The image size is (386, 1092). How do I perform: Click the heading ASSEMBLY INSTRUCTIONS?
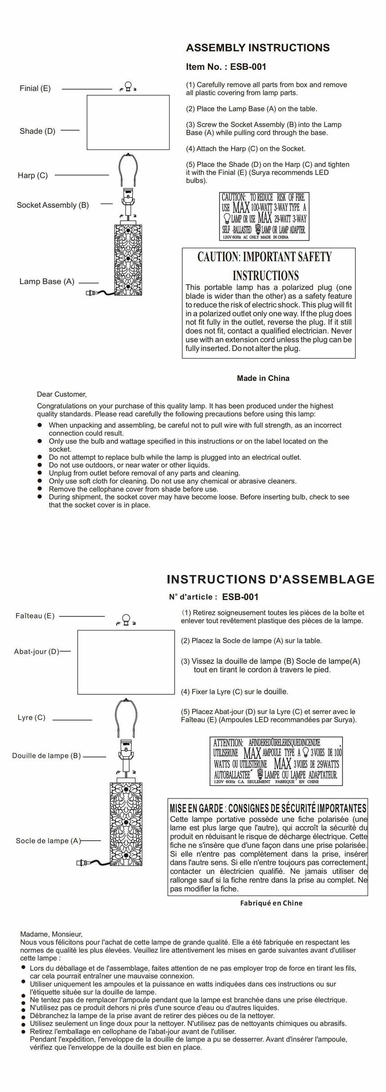258,48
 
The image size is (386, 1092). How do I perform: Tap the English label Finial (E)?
35,88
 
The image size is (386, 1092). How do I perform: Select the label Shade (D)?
37,131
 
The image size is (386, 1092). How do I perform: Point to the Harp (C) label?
33,175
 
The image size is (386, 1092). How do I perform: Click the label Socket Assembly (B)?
53,205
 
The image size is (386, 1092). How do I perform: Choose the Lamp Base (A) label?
47,281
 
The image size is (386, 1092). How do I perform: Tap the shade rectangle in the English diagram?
128,122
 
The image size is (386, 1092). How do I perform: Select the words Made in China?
263,378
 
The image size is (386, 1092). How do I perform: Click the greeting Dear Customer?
61,395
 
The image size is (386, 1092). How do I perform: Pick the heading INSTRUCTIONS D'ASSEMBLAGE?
270,579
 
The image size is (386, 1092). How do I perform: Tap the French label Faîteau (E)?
35,616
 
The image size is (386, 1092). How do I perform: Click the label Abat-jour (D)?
37,651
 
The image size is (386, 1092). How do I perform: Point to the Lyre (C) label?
31,717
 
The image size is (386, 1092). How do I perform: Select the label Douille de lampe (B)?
46,755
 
